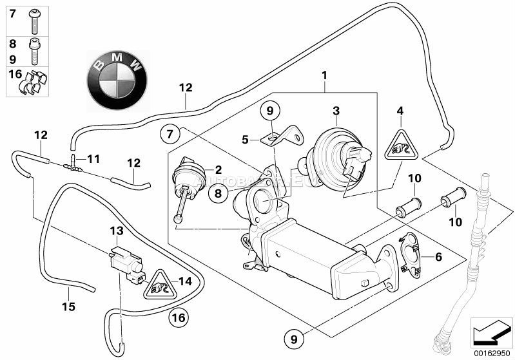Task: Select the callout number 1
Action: click(325, 75)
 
